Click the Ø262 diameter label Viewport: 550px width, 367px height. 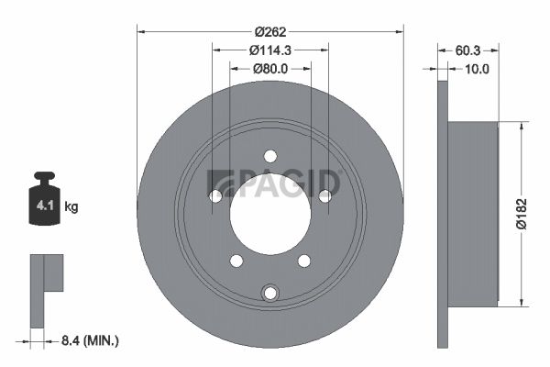pos(270,32)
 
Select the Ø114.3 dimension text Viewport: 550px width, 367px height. pos(270,50)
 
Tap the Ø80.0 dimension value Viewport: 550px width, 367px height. pos(270,69)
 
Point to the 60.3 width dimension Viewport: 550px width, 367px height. pos(467,50)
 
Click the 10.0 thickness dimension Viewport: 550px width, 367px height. pos(477,69)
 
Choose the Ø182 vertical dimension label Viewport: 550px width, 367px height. pos(522,214)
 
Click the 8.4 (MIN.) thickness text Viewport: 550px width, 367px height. pos(90,340)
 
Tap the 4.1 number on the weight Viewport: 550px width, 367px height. pos(45,206)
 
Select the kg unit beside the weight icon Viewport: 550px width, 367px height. pos(71,206)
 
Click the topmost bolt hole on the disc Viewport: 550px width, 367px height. pos(270,156)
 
